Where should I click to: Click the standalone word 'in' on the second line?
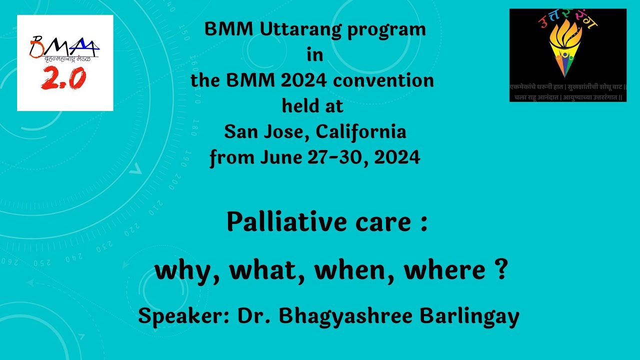[315, 55]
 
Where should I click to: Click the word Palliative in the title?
[282, 222]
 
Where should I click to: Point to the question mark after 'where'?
[503, 270]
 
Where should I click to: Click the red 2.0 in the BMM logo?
[63, 78]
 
